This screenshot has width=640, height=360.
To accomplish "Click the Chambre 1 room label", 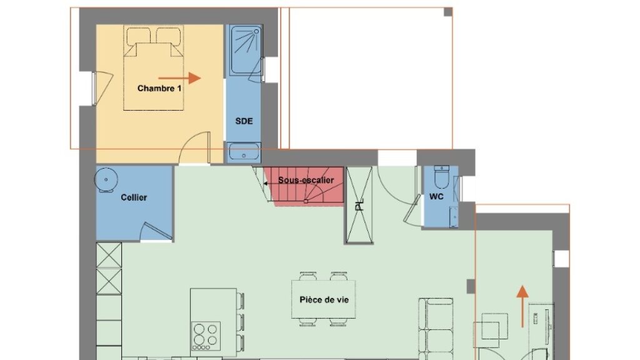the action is (x=159, y=88).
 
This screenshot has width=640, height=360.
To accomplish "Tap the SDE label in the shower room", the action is (x=244, y=121).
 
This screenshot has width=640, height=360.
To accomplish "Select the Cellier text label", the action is (x=134, y=197).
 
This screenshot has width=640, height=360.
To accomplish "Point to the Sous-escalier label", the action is (x=306, y=180).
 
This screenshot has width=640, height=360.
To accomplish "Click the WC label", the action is (x=436, y=197).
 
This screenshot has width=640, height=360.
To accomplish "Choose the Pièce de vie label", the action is (x=324, y=300).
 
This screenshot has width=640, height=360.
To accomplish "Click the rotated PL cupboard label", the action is (x=359, y=205).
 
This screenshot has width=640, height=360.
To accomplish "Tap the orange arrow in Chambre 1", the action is (x=179, y=78).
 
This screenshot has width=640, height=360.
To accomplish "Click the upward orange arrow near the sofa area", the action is (x=522, y=306).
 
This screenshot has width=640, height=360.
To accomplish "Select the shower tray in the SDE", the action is (x=245, y=50).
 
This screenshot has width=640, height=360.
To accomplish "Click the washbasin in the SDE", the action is (x=244, y=151).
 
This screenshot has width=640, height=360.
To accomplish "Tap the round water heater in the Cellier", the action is (x=106, y=179).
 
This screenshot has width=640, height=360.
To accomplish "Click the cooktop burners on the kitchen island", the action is (x=206, y=336).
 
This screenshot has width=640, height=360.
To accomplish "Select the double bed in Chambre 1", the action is (x=154, y=67).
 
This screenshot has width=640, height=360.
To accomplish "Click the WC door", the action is (x=412, y=209).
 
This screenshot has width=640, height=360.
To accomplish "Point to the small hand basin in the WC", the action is (x=454, y=217).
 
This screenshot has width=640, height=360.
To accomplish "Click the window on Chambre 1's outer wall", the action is (x=94, y=89).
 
